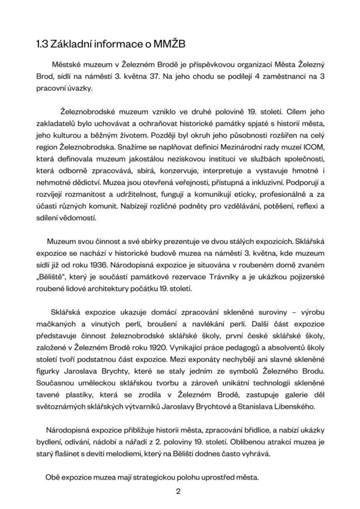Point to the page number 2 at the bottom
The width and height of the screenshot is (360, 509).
(x=178, y=492)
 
